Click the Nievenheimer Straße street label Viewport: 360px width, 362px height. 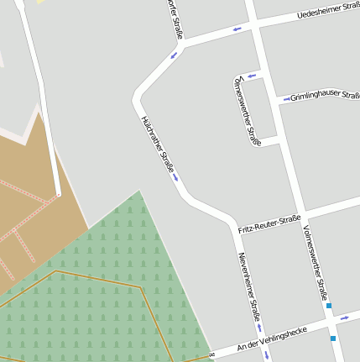pyautogui.click(x=248, y=286)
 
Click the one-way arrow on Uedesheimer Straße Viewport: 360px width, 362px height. pyautogui.click(x=237, y=29)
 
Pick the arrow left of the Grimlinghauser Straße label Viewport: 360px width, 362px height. pyautogui.click(x=286, y=99)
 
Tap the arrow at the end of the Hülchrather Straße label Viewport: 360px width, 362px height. pyautogui.click(x=175, y=176)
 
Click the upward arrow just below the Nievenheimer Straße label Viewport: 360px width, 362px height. pyautogui.click(x=259, y=328)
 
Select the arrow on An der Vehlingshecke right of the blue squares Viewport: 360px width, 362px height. pyautogui.click(x=344, y=318)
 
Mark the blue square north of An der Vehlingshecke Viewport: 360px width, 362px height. pyautogui.click(x=329, y=306)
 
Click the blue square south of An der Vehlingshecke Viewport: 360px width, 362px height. pyautogui.click(x=333, y=338)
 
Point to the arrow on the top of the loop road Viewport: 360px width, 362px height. pyautogui.click(x=249, y=76)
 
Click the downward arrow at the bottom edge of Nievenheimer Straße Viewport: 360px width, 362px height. pyautogui.click(x=267, y=355)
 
